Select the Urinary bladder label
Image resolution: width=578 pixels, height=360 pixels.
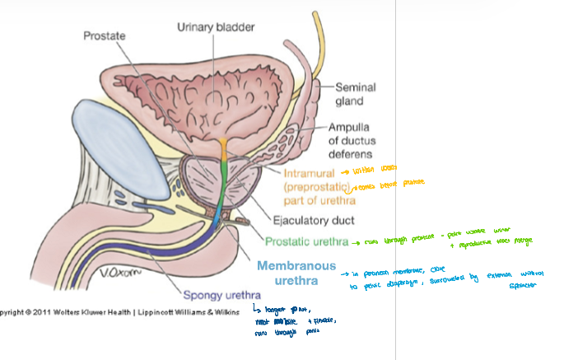pos(216,27)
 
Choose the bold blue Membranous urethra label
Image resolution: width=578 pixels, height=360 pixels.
pos(296,273)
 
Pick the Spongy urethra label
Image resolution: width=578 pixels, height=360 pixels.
pos(224,295)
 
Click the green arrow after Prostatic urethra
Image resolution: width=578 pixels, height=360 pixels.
pos(356,242)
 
